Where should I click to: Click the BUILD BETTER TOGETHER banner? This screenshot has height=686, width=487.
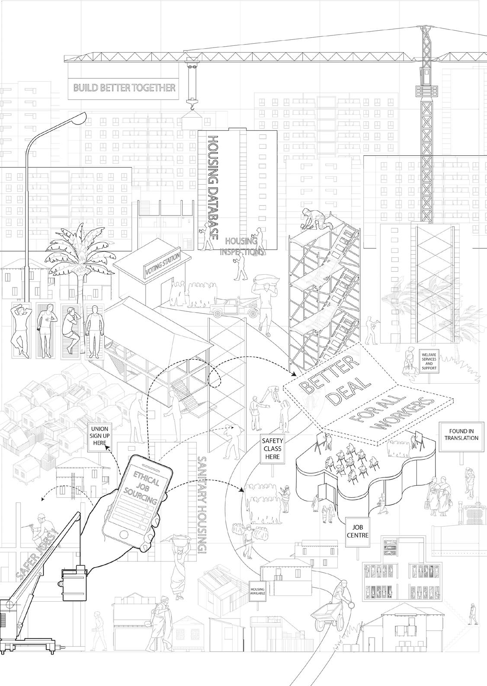pyautogui.click(x=124, y=88)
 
